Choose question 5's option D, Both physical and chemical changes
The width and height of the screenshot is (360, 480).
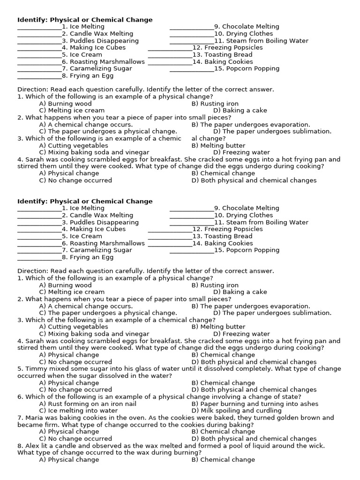pyautogui.click(x=254, y=390)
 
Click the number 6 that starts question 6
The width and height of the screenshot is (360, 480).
pyautogui.click(x=20, y=397)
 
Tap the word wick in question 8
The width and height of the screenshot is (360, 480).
pyautogui.click(x=317, y=446)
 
